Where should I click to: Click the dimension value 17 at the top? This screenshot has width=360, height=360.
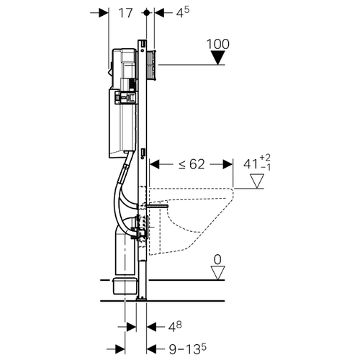click(125, 13)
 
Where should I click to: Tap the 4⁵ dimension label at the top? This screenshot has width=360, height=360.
click(183, 12)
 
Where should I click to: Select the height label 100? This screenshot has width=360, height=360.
click(218, 44)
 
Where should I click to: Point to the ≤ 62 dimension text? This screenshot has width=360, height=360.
click(192, 164)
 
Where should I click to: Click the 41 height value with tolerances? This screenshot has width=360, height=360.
click(257, 163)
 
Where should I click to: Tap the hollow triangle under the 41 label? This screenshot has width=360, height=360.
click(257, 181)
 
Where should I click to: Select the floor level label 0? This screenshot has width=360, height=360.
click(217, 259)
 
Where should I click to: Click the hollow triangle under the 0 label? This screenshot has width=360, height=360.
click(217, 273)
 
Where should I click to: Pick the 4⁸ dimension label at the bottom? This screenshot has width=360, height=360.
click(175, 327)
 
